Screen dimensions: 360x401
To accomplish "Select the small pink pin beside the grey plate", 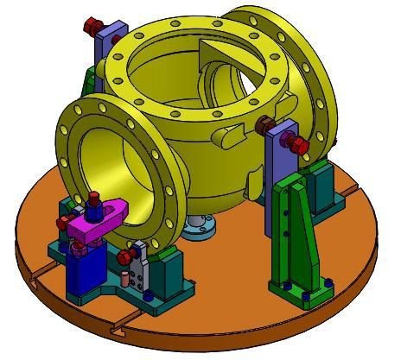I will [124, 280].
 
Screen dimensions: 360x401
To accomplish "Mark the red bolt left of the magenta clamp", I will [63, 222].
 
